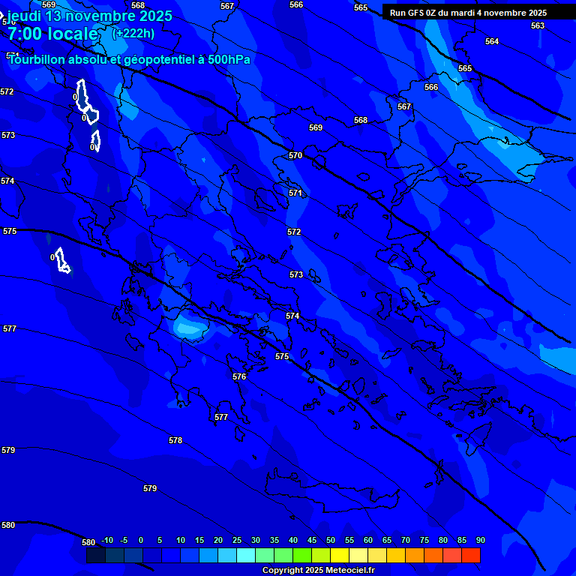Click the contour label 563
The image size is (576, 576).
click(x=537, y=25)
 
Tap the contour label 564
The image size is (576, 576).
click(x=491, y=41)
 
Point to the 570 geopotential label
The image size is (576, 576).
click(x=295, y=155)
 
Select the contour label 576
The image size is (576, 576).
click(x=239, y=376)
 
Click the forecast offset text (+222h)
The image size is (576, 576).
click(x=133, y=33)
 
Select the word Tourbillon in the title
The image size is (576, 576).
click(x=37, y=60)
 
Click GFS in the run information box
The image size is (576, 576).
click(x=421, y=13)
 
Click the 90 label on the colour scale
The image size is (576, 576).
click(x=480, y=540)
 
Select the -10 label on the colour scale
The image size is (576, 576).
click(x=106, y=540)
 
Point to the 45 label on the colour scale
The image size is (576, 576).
click(x=311, y=540)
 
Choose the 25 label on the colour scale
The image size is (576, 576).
click(x=236, y=540)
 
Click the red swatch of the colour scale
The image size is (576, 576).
click(x=471, y=555)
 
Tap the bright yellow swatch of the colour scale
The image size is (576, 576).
click(x=340, y=555)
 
